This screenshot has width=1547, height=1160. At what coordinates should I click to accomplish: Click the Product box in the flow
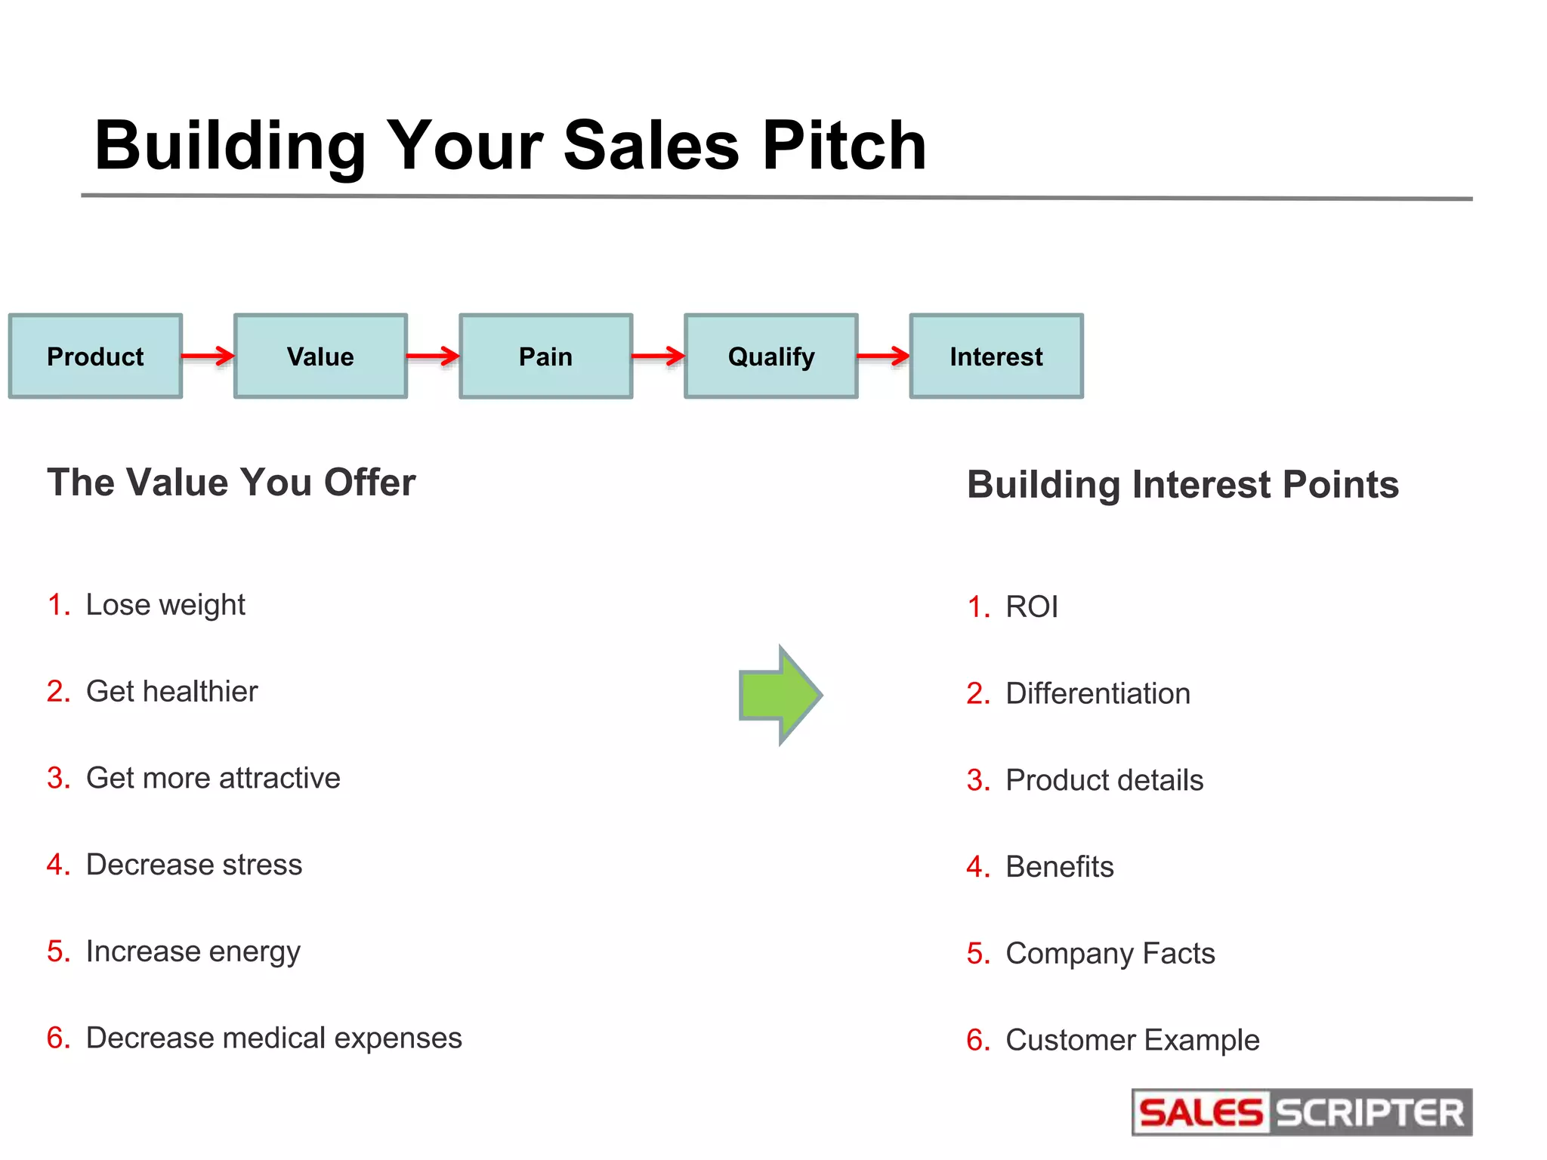pos(95,356)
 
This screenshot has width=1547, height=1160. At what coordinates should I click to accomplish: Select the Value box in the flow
pos(320,356)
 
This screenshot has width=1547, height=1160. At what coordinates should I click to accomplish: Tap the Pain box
pos(545,356)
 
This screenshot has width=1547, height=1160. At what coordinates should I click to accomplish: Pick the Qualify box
pos(770,356)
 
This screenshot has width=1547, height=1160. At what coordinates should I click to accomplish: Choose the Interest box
pos(996,356)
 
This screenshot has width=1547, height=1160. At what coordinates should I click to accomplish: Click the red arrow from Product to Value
pos(208,356)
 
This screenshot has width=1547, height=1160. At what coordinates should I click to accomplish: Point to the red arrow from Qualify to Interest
pos(883,356)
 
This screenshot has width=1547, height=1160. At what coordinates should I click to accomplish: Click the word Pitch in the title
pos(844,145)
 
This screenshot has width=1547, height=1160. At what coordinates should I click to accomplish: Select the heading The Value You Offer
pos(231,483)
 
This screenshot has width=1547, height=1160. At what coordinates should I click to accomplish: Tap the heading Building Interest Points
pos(1182,485)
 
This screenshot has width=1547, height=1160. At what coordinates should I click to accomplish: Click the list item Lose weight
pos(165,605)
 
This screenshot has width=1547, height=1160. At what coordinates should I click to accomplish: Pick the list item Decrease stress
pos(193,865)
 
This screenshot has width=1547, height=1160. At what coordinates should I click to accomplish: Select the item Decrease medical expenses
pos(273,1038)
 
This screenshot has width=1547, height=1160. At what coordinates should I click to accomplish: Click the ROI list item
pos(1031,607)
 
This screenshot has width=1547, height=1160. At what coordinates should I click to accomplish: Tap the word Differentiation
pos(1098,694)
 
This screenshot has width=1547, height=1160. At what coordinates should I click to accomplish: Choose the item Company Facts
pos(1110,954)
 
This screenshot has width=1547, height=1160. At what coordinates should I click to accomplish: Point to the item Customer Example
pos(1132,1041)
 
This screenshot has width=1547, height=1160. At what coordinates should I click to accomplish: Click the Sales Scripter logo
pos(1302,1112)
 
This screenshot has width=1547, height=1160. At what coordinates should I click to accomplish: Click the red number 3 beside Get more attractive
pos(57,778)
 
